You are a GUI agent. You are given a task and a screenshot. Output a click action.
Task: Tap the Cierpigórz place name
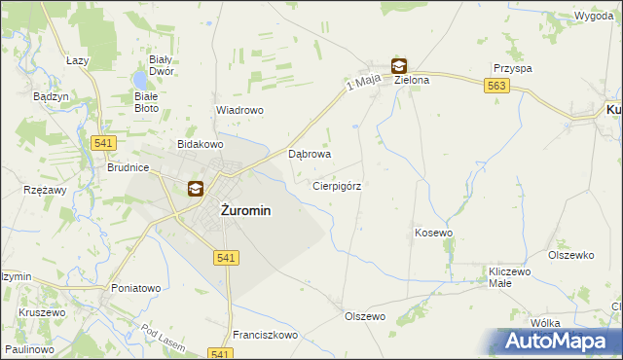[x=338, y=185]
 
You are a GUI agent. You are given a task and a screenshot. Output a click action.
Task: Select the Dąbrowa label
[x=311, y=154]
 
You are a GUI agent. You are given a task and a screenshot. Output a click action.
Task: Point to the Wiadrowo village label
[x=239, y=110]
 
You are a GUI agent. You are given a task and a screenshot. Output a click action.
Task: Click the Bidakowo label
[x=201, y=144]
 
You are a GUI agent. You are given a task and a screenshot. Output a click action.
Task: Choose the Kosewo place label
[x=434, y=233]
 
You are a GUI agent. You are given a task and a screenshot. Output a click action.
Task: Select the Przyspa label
[x=512, y=69]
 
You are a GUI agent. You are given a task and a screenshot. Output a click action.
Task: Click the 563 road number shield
[x=496, y=87]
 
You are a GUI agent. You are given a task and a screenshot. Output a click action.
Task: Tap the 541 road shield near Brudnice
[x=106, y=143]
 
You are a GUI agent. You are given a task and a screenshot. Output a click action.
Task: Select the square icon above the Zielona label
[x=399, y=66]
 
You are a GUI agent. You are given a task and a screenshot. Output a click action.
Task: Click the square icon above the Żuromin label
[x=195, y=189]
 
